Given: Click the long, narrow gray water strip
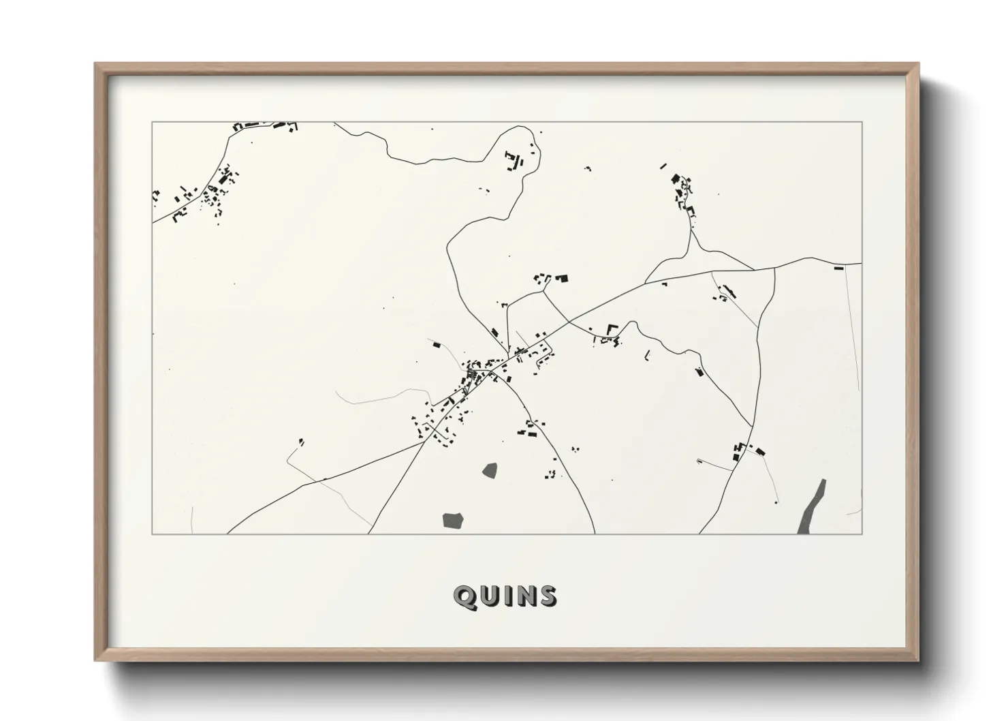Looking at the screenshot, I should click(813, 506).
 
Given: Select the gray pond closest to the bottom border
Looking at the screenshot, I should click(453, 521).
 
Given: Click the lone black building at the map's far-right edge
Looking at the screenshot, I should click(838, 269).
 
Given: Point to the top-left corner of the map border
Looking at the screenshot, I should click(152, 123).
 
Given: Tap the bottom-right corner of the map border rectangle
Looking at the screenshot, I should click(862, 534).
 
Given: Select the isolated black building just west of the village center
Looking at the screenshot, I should click(437, 346).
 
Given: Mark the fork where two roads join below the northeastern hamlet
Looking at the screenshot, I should click(691, 230).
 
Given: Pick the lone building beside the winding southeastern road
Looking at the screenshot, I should click(698, 371).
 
